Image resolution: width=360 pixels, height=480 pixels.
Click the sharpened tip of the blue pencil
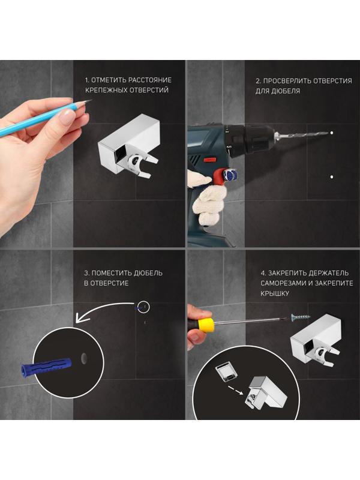pos(91,100)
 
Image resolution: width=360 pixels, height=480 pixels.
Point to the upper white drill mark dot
pos(332,133)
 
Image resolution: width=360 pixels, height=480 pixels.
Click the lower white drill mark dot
pos(332,177)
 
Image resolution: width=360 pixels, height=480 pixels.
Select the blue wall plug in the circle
pos(46,366)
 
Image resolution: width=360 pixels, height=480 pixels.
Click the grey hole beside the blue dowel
pos(84,358)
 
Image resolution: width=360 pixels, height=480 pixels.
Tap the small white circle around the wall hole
pos(143,307)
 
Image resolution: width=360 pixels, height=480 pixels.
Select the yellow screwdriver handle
pos(206,325)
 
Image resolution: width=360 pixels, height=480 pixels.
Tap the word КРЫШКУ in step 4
pos(275,293)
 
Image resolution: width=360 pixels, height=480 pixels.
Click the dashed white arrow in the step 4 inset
pos(235,391)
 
